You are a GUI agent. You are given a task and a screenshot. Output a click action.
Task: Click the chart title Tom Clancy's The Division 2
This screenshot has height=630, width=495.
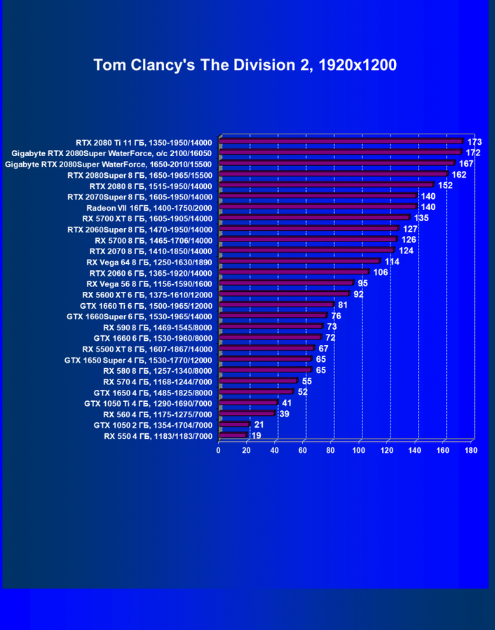point(245,65)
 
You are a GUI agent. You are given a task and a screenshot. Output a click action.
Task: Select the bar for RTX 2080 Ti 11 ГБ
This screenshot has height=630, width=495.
point(341,141)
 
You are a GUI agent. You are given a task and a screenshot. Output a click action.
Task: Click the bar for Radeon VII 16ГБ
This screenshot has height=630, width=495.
point(318,207)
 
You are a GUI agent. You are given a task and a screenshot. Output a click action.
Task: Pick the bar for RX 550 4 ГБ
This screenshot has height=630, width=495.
point(233,435)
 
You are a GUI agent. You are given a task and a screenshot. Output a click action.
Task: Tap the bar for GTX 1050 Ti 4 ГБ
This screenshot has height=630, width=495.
point(248,403)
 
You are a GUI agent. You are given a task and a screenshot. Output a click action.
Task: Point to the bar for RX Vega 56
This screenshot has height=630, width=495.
point(286,283)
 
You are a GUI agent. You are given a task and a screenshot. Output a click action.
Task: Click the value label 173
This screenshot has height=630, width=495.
point(475,142)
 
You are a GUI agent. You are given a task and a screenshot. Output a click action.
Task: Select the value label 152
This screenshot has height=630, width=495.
point(445,185)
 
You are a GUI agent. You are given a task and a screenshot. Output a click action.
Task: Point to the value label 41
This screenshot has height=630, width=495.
point(287,403)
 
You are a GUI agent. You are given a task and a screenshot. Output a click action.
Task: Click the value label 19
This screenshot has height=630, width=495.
point(256,435)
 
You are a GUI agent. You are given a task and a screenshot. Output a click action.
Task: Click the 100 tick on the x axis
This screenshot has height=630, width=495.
point(359,450)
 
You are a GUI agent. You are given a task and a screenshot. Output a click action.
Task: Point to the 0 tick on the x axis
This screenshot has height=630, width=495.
point(219,450)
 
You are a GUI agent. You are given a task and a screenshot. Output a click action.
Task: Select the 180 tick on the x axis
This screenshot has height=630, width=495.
point(470,450)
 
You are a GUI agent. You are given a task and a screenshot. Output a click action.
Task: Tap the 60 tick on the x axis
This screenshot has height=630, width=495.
point(303,450)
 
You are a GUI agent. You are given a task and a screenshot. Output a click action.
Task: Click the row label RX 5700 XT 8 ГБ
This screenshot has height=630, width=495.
point(147,218)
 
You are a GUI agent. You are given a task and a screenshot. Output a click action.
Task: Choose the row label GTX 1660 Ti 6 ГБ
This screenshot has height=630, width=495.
point(146,305)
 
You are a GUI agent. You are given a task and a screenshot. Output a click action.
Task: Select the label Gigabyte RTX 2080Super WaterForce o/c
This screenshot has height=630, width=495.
point(111,153)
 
